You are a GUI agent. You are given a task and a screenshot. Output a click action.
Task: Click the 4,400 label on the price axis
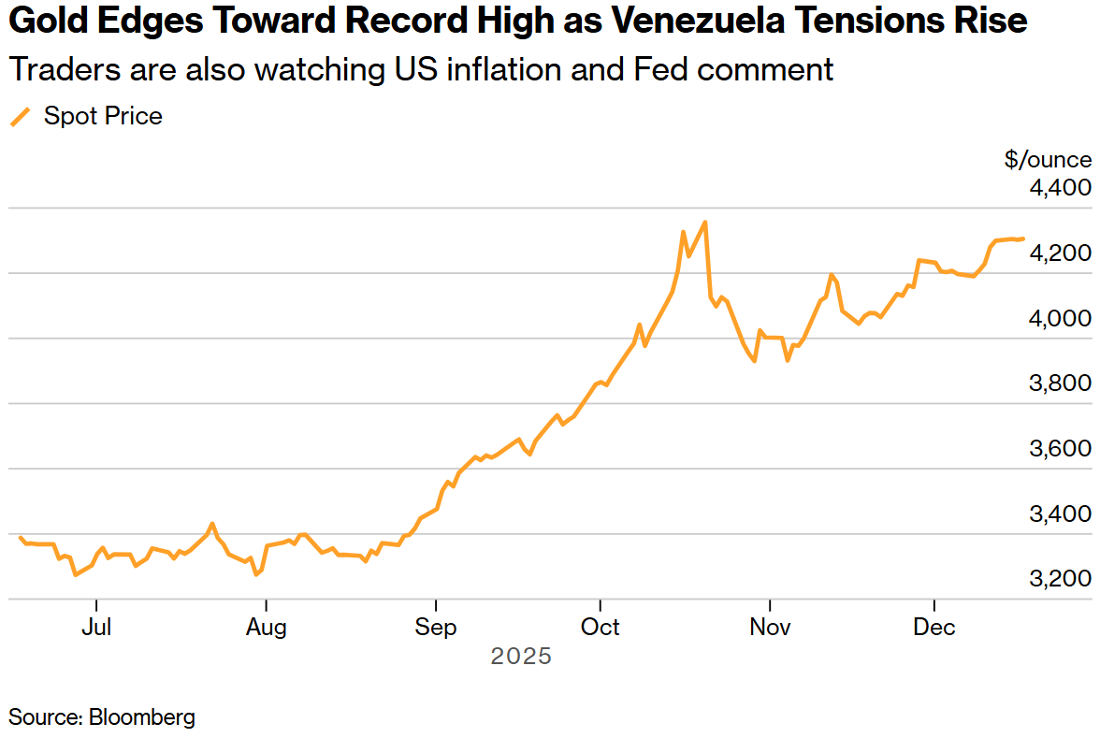click(1060, 188)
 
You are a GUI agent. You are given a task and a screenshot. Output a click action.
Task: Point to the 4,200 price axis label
click(1060, 253)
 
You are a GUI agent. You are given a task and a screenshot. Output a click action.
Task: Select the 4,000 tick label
click(1060, 319)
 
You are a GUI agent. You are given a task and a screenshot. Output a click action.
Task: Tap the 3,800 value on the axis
click(1060, 383)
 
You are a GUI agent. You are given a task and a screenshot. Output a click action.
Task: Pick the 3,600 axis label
click(1060, 449)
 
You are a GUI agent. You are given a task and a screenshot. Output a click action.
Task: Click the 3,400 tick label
click(1060, 514)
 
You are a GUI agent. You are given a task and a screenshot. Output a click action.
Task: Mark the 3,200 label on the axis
click(1060, 579)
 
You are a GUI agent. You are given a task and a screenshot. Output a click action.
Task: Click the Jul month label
click(96, 627)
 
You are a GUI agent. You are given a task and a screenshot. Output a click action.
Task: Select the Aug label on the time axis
click(267, 627)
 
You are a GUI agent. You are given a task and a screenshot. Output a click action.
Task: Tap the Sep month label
click(436, 627)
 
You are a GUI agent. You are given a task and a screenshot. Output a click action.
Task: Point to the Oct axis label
click(600, 627)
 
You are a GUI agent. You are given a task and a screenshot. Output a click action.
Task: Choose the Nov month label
click(769, 627)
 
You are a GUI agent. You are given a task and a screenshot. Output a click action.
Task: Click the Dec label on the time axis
click(934, 627)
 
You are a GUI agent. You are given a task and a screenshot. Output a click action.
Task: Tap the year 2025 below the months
click(521, 657)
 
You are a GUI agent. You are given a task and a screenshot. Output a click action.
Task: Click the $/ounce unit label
click(1048, 160)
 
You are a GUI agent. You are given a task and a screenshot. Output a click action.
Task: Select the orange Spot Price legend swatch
click(21, 117)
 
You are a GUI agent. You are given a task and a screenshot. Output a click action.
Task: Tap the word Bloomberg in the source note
click(142, 717)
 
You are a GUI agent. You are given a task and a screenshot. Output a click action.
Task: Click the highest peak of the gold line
click(704, 223)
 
